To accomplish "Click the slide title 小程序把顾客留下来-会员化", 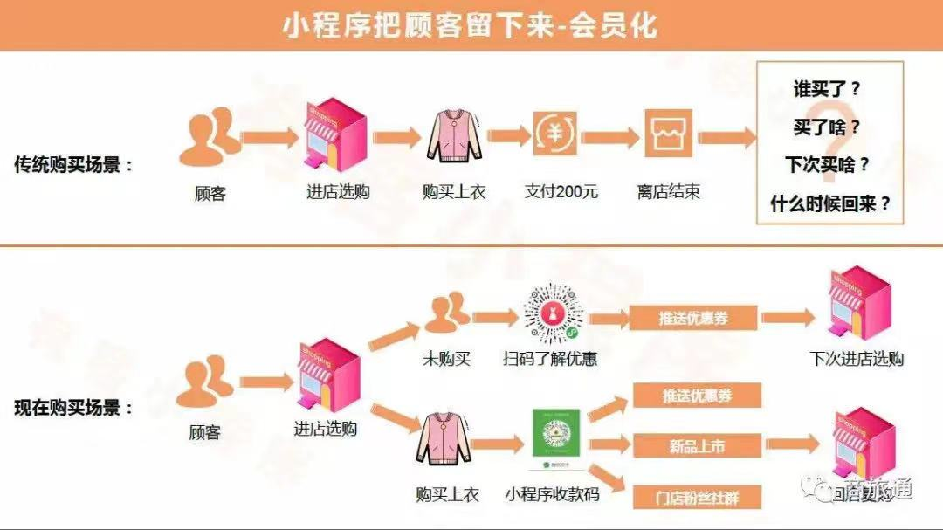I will tap(470, 25).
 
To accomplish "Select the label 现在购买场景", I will tap(73, 408).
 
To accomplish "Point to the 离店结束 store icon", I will tap(669, 134).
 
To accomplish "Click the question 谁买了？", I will tap(827, 89).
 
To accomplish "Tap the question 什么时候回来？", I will tap(830, 204).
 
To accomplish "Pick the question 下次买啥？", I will tap(827, 164).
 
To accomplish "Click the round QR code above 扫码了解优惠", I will tap(553, 312).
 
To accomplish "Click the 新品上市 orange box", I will tap(697, 447).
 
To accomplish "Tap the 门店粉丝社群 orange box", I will tap(697, 497).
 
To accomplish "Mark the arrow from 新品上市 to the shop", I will tap(791, 444).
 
